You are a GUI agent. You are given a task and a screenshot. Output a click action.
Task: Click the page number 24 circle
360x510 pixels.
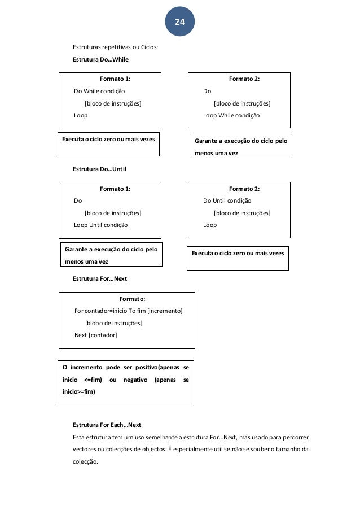pos(179,22)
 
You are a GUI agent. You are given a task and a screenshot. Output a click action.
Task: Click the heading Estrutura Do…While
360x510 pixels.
pos(100,59)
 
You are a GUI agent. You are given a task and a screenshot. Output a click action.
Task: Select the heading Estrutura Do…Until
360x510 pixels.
pos(99,168)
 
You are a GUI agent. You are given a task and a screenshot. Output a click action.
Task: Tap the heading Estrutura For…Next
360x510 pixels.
pos(100,278)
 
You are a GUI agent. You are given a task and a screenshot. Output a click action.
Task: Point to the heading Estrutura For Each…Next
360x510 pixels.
pos(107,425)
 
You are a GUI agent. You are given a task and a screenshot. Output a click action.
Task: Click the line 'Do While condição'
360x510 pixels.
pos(100,91)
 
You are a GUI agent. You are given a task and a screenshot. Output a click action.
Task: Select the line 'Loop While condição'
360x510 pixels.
pos(231,115)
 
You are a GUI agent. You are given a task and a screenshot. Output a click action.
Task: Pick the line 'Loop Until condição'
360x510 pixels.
pos(101,225)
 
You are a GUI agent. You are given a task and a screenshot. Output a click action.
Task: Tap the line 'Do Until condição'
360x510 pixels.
pos(227,200)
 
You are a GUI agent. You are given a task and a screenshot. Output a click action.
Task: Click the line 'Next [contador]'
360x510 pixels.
pos(96,335)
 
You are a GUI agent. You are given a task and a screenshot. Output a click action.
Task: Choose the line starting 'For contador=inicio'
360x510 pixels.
pos(129,311)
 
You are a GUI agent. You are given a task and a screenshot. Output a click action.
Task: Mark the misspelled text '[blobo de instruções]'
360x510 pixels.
pos(113,323)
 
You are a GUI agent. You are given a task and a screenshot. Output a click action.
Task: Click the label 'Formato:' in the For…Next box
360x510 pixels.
pos(133,299)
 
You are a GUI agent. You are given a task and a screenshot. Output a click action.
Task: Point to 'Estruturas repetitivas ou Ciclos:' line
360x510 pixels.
pos(116,47)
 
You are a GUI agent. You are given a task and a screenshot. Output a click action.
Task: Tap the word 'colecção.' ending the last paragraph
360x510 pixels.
pos(85,461)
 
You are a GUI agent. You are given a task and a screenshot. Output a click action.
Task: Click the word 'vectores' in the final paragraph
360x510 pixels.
pos(85,449)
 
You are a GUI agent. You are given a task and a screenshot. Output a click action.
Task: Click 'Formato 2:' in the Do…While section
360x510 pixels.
pos(244,79)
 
